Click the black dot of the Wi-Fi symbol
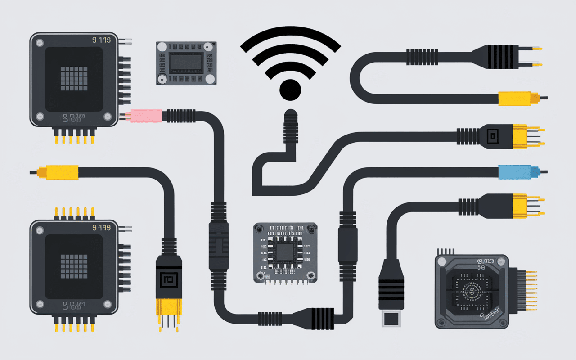click(x=290, y=90)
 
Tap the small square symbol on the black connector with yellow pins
click(x=494, y=135)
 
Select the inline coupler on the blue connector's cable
click(x=347, y=243)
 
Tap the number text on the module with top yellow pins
click(x=101, y=228)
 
